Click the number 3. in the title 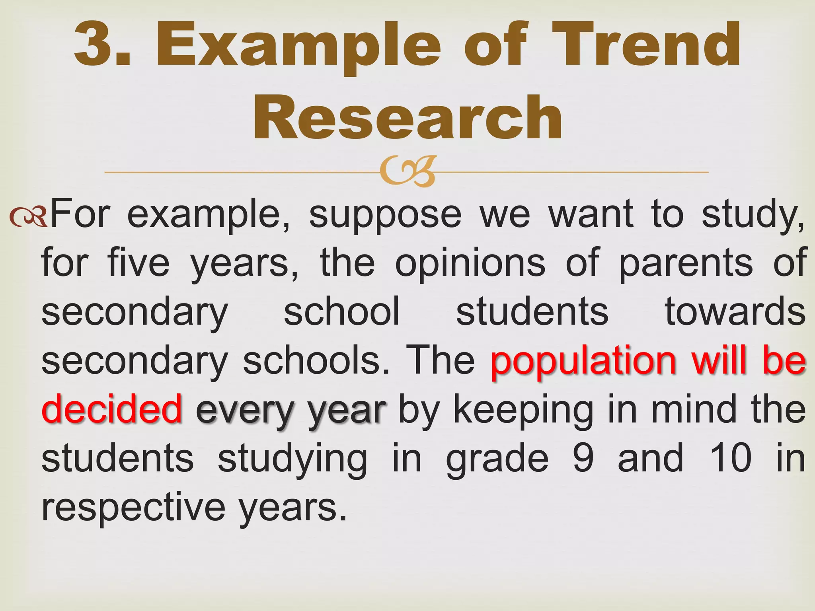point(103,45)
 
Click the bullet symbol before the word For point(29,216)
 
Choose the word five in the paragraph point(138,263)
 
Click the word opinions point(470,263)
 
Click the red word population point(583,361)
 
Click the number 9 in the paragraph point(583,458)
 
